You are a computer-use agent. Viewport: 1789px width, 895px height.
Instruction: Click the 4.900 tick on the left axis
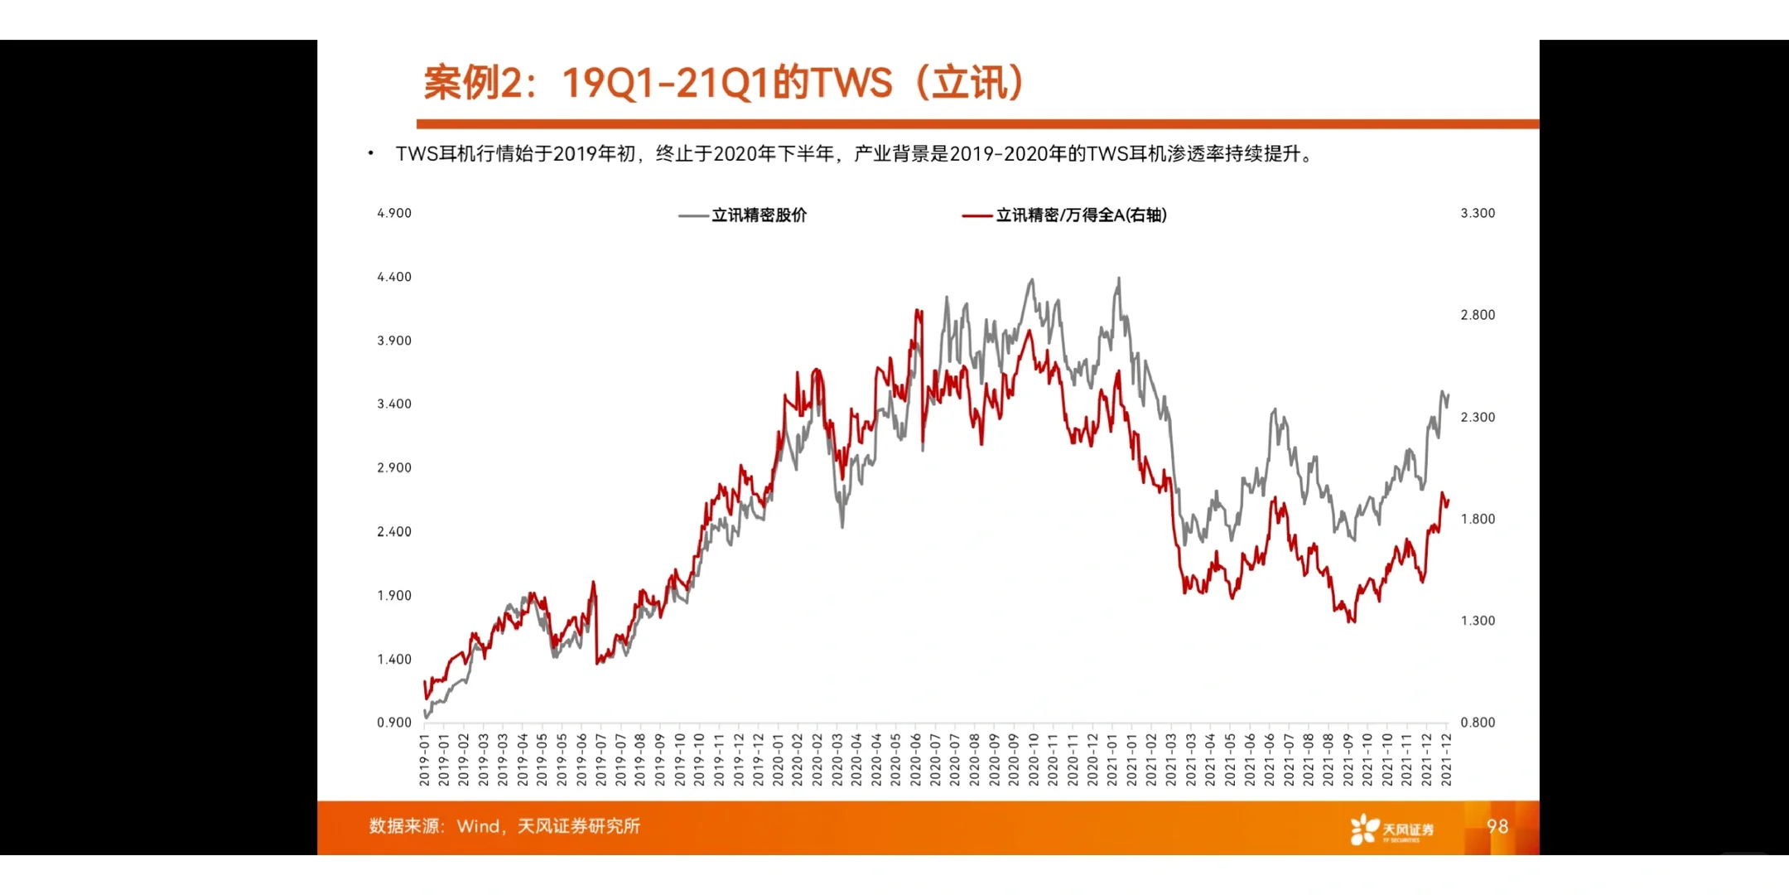(394, 213)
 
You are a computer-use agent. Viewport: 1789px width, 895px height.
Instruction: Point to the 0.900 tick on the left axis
(394, 723)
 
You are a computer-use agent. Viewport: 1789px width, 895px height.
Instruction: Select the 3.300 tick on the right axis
(1478, 213)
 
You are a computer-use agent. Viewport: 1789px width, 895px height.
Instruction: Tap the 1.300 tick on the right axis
(1478, 621)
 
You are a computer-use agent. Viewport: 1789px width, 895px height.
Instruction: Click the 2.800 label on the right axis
(1478, 315)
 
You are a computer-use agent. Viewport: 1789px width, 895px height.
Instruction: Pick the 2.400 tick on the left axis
(394, 532)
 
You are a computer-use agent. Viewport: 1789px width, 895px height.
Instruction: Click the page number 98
(1497, 826)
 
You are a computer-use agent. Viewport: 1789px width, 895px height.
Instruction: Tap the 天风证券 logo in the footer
(1391, 829)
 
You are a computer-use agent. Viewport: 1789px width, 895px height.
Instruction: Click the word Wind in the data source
(478, 826)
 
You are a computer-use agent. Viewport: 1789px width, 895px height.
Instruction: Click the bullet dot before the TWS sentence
(370, 153)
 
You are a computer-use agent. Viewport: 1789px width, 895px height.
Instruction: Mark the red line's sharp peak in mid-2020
(918, 312)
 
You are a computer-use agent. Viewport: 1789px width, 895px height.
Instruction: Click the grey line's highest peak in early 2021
(1119, 278)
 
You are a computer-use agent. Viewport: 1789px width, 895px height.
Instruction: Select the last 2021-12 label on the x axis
(1446, 760)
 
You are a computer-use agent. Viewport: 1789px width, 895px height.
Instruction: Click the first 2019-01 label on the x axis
(424, 760)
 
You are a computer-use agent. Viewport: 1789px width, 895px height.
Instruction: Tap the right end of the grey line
(1448, 395)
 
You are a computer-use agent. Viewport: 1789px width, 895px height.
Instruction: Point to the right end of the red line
(1448, 501)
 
